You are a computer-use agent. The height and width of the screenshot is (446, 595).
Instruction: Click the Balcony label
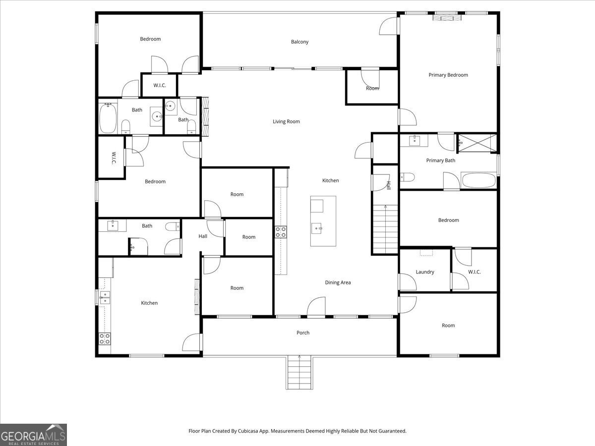click(x=299, y=42)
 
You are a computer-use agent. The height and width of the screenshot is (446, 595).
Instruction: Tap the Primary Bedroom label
click(x=448, y=75)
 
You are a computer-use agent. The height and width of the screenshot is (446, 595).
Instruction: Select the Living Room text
click(x=286, y=121)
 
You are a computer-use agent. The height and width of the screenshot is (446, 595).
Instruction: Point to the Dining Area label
click(x=338, y=282)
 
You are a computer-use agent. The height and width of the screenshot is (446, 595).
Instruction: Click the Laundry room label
click(x=425, y=272)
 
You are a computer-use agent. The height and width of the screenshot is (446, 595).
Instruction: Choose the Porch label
click(x=303, y=333)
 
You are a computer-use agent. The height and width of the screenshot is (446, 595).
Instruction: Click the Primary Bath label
click(x=440, y=160)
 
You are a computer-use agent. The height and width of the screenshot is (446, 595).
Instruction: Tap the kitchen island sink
click(x=317, y=228)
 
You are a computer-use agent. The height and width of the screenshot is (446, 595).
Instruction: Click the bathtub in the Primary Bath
click(x=479, y=180)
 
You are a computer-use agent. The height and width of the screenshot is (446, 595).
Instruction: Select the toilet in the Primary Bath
click(x=407, y=177)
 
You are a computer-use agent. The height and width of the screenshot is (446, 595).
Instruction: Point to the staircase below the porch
click(x=299, y=373)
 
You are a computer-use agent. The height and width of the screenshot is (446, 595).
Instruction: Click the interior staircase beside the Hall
click(x=385, y=229)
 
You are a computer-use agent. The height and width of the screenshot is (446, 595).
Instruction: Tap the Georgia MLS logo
click(x=33, y=435)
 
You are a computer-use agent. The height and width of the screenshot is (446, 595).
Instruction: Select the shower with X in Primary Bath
click(x=477, y=143)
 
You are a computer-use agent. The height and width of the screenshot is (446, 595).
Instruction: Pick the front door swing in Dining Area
click(x=316, y=306)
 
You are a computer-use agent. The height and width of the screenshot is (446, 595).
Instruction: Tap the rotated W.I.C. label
click(x=114, y=158)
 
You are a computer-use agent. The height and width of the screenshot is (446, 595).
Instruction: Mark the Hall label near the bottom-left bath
click(x=203, y=236)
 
